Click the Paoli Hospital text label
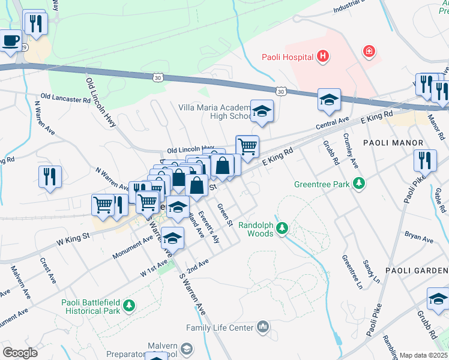[x=288, y=57]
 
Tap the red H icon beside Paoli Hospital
[x=323, y=57]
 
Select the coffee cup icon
[x=10, y=41]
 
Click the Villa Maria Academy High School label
[x=215, y=112]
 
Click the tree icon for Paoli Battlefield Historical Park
[x=128, y=307]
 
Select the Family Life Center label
[x=220, y=328]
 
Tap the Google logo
[x=20, y=352]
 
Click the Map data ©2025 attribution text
[x=424, y=355]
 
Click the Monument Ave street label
[x=133, y=247]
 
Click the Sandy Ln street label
[x=372, y=271]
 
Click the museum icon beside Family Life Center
[x=262, y=327]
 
